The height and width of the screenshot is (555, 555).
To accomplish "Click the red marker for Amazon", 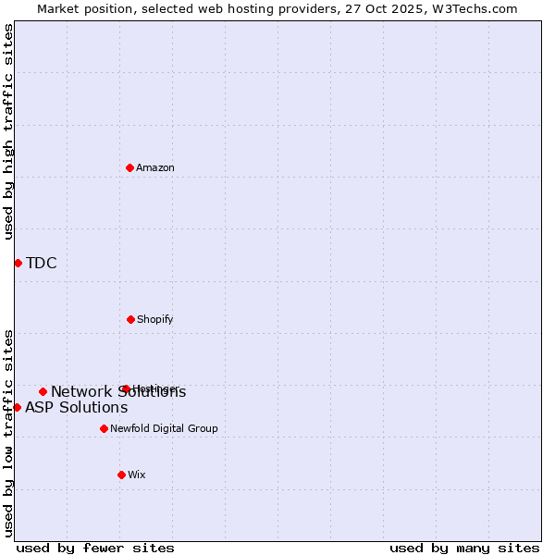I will tap(129, 167).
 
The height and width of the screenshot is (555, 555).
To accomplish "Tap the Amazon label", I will tap(155, 168).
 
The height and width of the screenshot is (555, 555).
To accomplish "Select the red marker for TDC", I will tap(18, 263).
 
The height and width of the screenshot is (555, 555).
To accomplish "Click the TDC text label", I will tap(42, 264).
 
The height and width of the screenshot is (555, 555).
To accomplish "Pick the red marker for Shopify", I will tap(130, 319).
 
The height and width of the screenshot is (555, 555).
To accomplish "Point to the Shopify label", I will tap(155, 320).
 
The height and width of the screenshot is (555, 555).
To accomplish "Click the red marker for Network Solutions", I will tap(43, 391).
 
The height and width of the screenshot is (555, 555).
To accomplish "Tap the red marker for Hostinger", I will tap(125, 388).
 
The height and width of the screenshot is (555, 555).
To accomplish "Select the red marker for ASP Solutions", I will tap(17, 407).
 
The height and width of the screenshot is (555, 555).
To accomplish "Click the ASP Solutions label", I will tap(77, 408).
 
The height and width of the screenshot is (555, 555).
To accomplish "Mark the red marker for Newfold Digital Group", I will tap(104, 428).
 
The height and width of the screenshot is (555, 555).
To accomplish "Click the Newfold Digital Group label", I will tap(165, 429).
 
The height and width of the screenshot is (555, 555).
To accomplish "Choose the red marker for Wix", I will tap(121, 475).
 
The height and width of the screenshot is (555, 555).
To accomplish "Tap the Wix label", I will tap(137, 475).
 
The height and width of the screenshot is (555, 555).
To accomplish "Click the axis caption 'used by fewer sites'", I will tap(95, 548).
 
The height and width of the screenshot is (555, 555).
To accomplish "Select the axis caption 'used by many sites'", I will tap(464, 548).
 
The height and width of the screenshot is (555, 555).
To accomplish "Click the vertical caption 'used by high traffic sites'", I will tap(9, 131).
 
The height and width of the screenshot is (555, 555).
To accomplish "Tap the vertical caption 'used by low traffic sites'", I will tap(9, 433).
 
